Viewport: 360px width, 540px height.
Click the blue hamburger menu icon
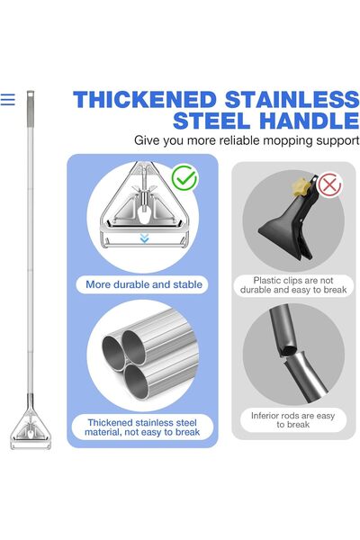(7, 100)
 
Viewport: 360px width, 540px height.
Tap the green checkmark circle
(184, 177)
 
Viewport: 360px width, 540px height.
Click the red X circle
(329, 184)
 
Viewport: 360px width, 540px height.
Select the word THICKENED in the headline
(144, 100)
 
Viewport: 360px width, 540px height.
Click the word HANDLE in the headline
(310, 121)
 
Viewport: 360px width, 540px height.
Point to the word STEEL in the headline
(211, 121)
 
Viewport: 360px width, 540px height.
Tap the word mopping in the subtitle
(287, 140)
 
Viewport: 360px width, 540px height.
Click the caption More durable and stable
(144, 284)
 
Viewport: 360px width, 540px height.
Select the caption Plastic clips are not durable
(293, 285)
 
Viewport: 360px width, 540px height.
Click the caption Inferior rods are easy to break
(292, 419)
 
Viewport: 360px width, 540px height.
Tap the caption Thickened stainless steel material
(142, 427)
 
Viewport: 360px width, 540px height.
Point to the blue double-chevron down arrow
(144, 238)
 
